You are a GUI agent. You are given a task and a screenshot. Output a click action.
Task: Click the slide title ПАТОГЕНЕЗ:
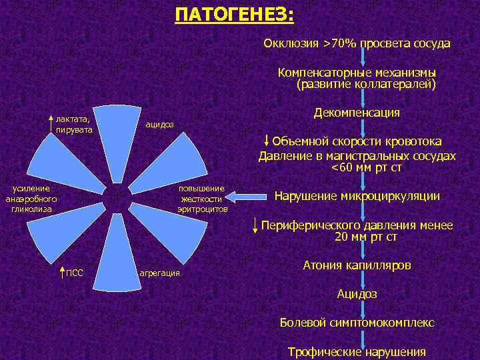[234, 15]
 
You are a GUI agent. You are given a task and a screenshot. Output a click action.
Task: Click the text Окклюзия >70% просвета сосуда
[357, 43]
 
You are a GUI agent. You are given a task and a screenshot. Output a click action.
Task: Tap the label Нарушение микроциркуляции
[357, 196]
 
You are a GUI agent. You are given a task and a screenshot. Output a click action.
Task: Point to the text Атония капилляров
[357, 265]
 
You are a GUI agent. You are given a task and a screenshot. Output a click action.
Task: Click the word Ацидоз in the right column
[357, 293]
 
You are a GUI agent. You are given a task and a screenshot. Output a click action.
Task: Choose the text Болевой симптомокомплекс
[357, 322]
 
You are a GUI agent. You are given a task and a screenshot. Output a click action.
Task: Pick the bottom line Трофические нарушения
[357, 351]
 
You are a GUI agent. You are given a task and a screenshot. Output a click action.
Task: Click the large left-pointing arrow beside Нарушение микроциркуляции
[249, 197]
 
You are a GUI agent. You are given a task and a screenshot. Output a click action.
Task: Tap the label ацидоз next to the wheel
[159, 125]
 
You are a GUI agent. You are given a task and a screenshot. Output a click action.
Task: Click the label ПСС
[74, 273]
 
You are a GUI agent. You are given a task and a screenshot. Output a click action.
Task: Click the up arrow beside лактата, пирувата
[51, 123]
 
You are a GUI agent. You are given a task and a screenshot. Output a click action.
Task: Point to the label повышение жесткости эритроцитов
[202, 199]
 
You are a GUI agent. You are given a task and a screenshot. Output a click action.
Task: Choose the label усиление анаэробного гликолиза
[31, 199]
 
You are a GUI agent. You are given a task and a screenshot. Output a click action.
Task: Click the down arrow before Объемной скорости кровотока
[267, 141]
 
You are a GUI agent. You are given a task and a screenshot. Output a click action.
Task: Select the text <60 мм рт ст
[366, 167]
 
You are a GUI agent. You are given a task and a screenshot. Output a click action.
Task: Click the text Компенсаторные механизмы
[357, 72]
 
